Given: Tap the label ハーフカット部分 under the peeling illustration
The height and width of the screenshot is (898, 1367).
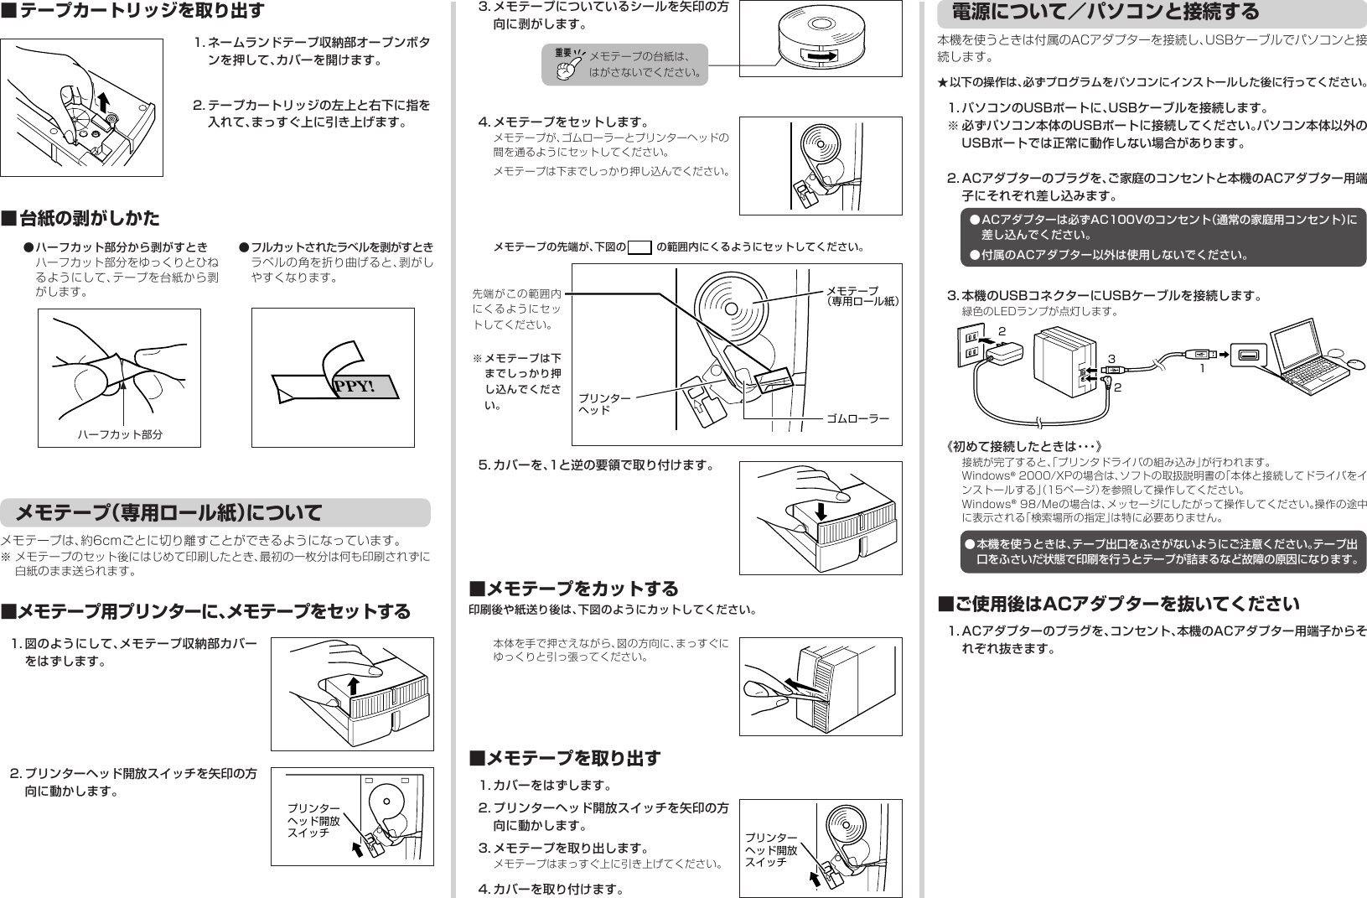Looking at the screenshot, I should pyautogui.click(x=120, y=434).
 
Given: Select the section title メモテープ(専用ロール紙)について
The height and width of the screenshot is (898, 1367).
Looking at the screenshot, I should pyautogui.click(x=168, y=512).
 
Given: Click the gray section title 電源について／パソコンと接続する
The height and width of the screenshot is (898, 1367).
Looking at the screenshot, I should pyautogui.click(x=1105, y=12).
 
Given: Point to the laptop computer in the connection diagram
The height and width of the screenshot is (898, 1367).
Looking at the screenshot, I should pyautogui.click(x=1299, y=350).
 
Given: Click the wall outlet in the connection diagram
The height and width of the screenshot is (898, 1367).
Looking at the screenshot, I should pyautogui.click(x=971, y=344).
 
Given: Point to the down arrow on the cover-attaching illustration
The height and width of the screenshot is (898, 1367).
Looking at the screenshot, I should pyautogui.click(x=821, y=510).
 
